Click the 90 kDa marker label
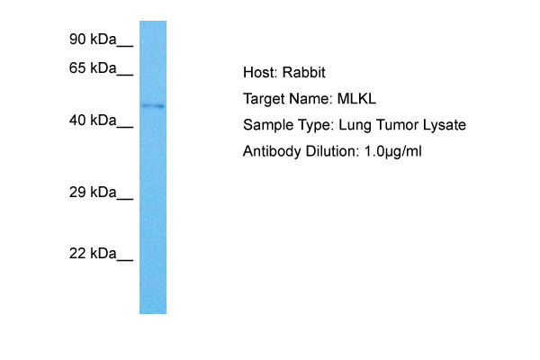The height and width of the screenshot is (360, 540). (92, 40)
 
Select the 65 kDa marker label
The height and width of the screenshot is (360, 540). (92, 68)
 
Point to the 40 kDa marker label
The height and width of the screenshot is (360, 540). (92, 121)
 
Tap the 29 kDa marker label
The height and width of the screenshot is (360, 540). (92, 193)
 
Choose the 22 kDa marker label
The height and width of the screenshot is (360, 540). (92, 255)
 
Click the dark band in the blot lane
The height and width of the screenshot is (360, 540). (153, 106)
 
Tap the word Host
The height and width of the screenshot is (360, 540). (258, 73)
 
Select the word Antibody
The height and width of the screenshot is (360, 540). (271, 152)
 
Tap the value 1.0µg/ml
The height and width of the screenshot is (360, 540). (392, 152)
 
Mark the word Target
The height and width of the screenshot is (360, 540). (264, 99)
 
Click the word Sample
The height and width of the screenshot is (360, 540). (266, 126)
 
